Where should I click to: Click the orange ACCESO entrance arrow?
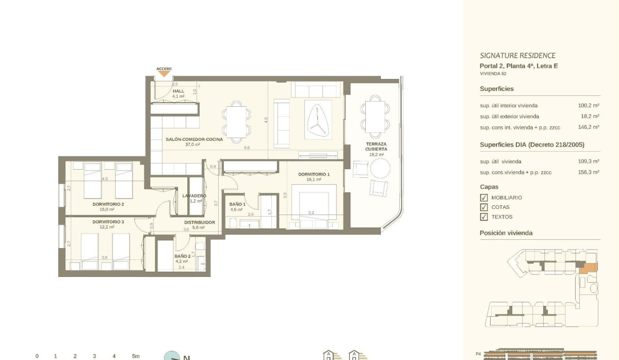[x=164, y=73]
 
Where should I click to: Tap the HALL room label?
[x=178, y=91]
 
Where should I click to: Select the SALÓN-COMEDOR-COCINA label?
[x=194, y=140]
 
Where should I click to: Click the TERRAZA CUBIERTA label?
[x=377, y=146]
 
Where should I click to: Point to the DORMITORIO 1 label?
[x=314, y=174]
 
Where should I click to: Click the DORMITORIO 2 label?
[x=108, y=204]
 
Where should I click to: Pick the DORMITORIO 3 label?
[x=108, y=222]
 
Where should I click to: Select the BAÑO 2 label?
[x=183, y=256]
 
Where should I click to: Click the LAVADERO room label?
[x=194, y=196]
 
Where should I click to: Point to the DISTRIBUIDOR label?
[x=199, y=222]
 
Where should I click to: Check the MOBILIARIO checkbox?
[x=483, y=198]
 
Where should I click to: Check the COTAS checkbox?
[x=483, y=207]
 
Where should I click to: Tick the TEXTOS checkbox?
[x=483, y=217]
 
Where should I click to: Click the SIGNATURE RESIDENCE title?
[x=517, y=56]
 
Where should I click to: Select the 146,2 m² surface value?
[x=589, y=127]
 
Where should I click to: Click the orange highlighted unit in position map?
[x=588, y=268]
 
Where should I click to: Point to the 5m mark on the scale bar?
[x=135, y=356]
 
